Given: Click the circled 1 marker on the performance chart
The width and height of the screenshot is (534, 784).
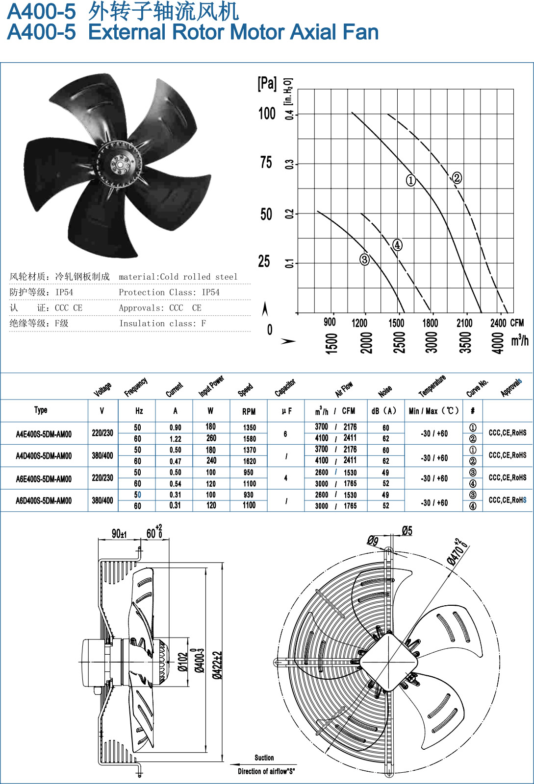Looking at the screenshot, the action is pos(410,180).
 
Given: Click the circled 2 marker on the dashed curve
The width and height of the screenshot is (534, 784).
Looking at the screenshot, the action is pos(457,178).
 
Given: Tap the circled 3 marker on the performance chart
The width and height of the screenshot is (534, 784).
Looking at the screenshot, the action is pos(364,260).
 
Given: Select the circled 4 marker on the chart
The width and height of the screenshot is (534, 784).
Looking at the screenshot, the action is pos(397,245).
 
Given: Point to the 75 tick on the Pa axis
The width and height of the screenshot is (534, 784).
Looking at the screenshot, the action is pos(266,163).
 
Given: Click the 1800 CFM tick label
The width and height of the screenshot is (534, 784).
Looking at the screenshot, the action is pos(430,323).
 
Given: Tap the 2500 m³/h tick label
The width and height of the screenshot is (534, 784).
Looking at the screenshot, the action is pos(399,343).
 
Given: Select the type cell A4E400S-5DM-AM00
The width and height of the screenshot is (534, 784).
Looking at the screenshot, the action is pos(44,434).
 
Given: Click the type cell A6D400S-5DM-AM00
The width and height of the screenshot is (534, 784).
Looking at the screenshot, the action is pos(44,500).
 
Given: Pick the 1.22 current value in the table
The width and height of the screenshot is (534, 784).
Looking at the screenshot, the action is pos(175,439).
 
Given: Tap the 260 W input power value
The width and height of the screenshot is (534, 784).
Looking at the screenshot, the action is pos(211,438).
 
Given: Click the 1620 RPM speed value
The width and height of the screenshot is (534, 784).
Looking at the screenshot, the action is pos(250,461).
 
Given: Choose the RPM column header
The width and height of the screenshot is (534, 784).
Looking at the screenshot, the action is pos(249,411).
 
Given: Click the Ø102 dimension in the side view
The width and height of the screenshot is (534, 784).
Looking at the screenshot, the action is pos(183,662).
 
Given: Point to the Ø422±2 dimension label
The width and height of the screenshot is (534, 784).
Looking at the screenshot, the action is pos(217,665).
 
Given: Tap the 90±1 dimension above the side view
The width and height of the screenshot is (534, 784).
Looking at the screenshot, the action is pos(119,534).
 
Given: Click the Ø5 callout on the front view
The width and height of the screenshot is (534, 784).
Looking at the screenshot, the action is pos(407,531).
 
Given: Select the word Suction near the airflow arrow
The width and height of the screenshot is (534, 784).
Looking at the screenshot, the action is pos(264,758).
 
